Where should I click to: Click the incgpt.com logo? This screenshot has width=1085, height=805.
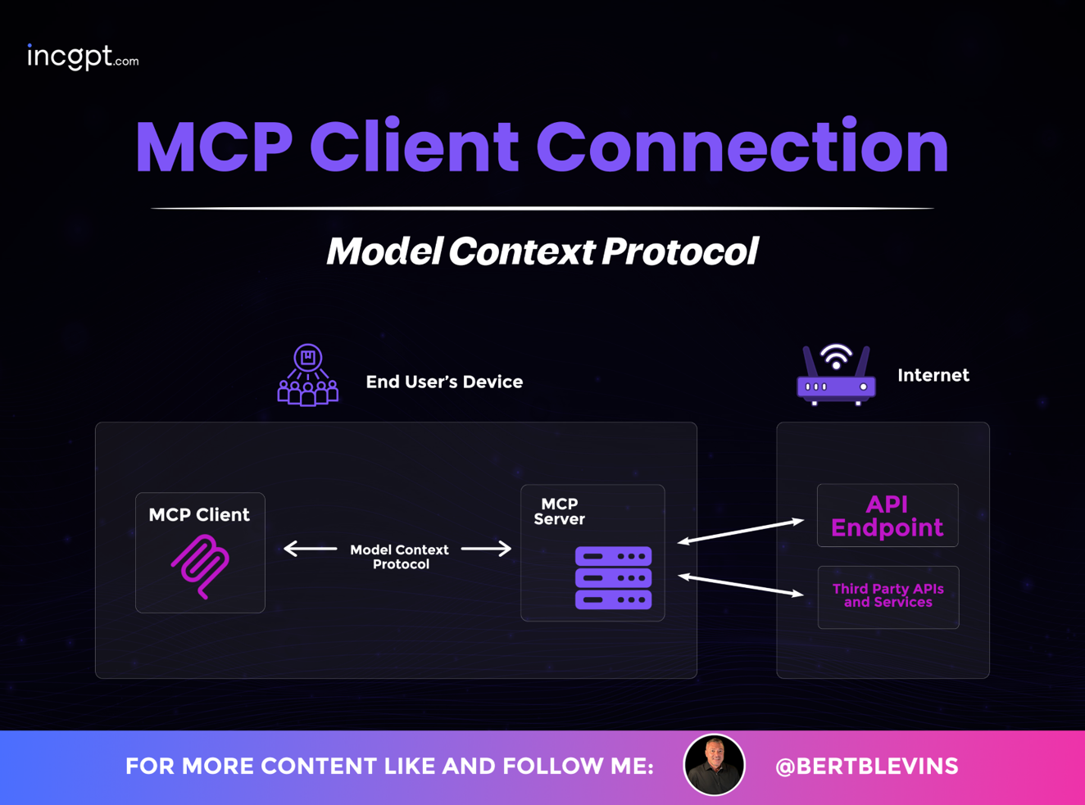(83, 57)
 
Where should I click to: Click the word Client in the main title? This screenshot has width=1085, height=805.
(414, 146)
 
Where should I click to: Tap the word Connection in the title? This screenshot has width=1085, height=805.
(742, 146)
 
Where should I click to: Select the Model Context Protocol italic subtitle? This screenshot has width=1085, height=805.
(542, 251)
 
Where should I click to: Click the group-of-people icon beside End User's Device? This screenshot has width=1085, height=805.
(307, 375)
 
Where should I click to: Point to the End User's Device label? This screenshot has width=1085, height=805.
(444, 382)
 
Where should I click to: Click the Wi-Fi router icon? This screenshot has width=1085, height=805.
(836, 374)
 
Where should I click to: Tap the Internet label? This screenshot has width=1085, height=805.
(933, 375)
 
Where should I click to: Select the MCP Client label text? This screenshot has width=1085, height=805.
(199, 514)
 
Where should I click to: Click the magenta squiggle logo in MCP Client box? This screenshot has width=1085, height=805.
(201, 567)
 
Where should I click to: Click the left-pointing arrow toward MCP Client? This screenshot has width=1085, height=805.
(310, 549)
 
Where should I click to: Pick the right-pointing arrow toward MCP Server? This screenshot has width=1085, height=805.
(486, 549)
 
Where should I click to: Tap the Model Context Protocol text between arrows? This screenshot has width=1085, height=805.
(400, 557)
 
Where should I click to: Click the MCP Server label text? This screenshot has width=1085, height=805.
(559, 511)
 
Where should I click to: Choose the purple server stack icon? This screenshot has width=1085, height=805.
(614, 577)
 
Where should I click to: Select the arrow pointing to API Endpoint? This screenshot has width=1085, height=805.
(741, 531)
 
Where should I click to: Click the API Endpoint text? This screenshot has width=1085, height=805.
(887, 515)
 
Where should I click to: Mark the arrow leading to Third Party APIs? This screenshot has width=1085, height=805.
(741, 585)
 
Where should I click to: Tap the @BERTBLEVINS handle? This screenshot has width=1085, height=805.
(866, 767)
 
